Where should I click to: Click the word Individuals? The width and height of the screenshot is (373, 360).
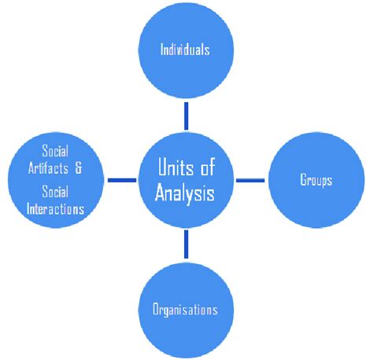tap(185, 50)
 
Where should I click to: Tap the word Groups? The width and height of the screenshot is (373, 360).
tap(316, 180)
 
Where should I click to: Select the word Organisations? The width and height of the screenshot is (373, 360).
tap(185, 310)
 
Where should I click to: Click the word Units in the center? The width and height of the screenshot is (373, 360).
tap(175, 167)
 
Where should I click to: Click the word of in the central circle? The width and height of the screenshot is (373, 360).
tap(208, 167)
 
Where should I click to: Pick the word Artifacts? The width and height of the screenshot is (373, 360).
tap(48, 168)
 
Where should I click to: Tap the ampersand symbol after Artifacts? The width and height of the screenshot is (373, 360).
tap(78, 168)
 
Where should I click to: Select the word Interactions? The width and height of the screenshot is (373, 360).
tap(55, 209)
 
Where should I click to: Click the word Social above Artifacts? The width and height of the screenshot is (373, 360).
tap(55, 151)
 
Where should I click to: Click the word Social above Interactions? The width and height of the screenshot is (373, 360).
tap(55, 192)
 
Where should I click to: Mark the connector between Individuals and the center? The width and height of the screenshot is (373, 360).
tap(186, 116)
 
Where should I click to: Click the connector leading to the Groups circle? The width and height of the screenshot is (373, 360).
tap(250, 180)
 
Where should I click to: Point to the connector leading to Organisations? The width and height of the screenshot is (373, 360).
tap(186, 244)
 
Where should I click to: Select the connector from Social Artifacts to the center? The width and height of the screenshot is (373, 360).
tap(122, 180)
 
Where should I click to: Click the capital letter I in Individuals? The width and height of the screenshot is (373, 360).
tap(161, 50)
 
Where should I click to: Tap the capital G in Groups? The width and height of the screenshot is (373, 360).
tap(304, 179)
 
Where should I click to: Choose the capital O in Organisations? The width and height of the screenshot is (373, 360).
tap(156, 309)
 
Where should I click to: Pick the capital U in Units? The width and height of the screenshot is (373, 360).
tap(164, 167)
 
